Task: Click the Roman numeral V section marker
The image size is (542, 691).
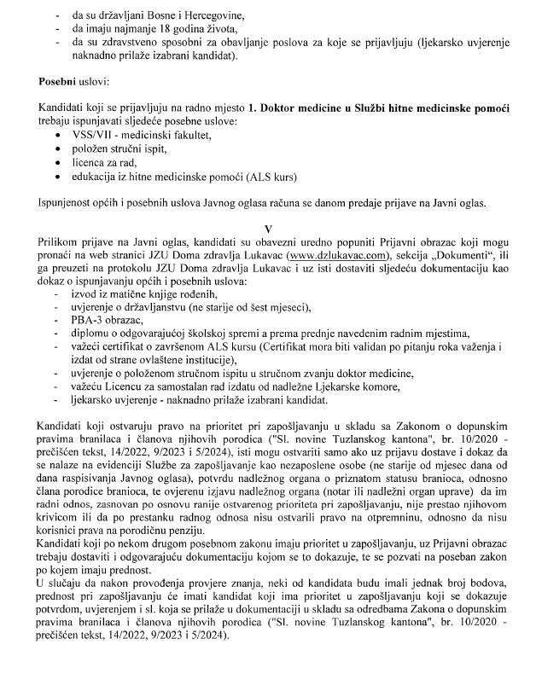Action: click(269, 229)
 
